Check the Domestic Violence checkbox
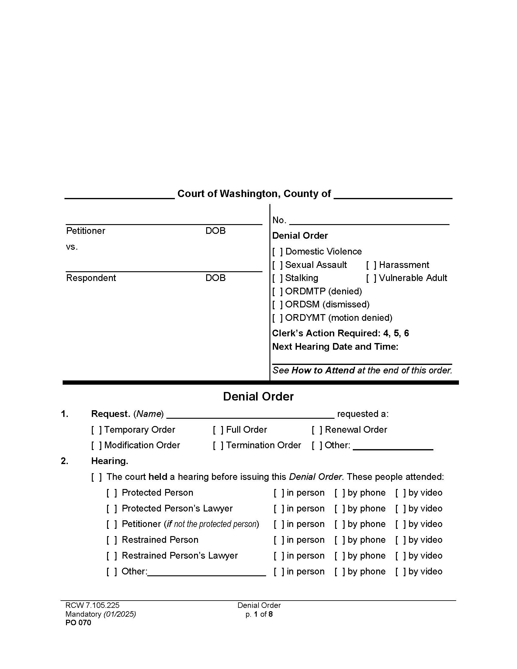(277, 252)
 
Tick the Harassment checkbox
(371, 265)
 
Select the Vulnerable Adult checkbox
(371, 278)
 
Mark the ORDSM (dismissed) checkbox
(277, 304)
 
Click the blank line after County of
(393, 195)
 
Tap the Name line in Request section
(250, 414)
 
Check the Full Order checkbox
(218, 430)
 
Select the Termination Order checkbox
(218, 445)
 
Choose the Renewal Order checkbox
(317, 430)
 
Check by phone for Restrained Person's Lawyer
(340, 556)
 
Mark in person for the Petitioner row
(279, 524)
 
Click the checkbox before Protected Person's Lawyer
(112, 508)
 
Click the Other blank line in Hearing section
(206, 572)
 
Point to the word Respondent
(91, 278)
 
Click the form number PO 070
(78, 623)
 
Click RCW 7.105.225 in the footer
(92, 605)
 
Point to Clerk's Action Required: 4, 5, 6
(340, 333)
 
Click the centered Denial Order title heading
(258, 396)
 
